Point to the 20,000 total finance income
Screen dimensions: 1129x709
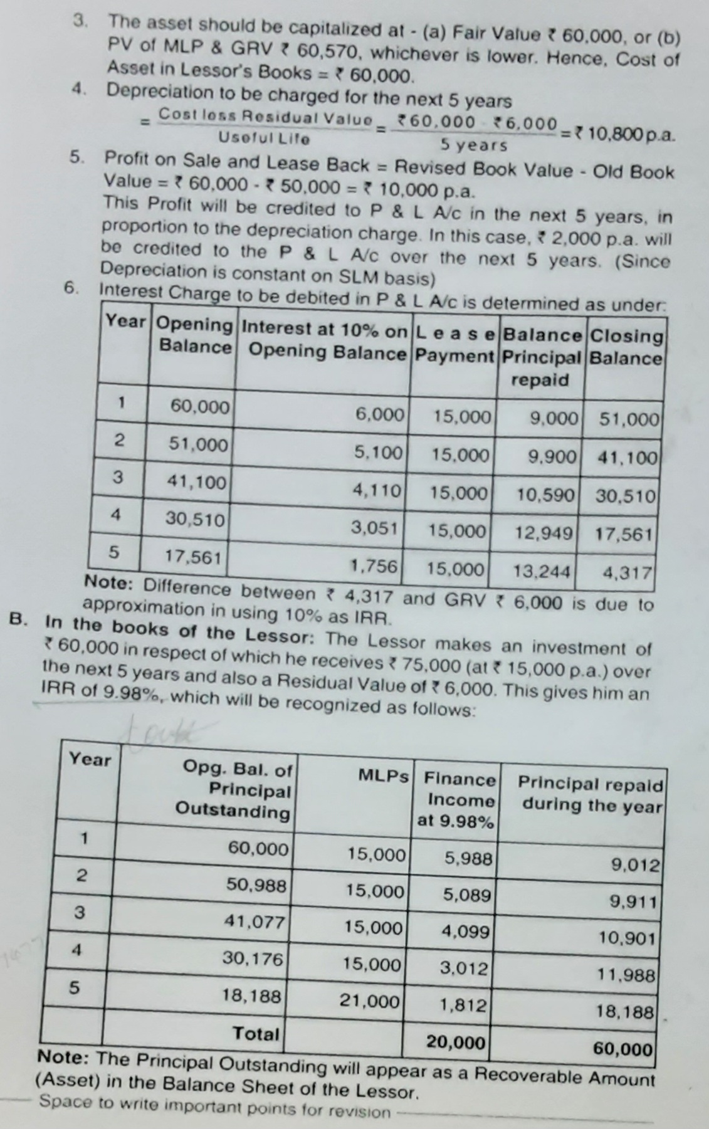[455, 1042]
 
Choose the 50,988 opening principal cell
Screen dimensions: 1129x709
[257, 886]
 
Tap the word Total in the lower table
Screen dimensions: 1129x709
[256, 1033]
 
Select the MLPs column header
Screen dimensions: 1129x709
[383, 775]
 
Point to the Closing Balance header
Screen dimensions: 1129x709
[626, 347]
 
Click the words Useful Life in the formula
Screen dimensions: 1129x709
[263, 137]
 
